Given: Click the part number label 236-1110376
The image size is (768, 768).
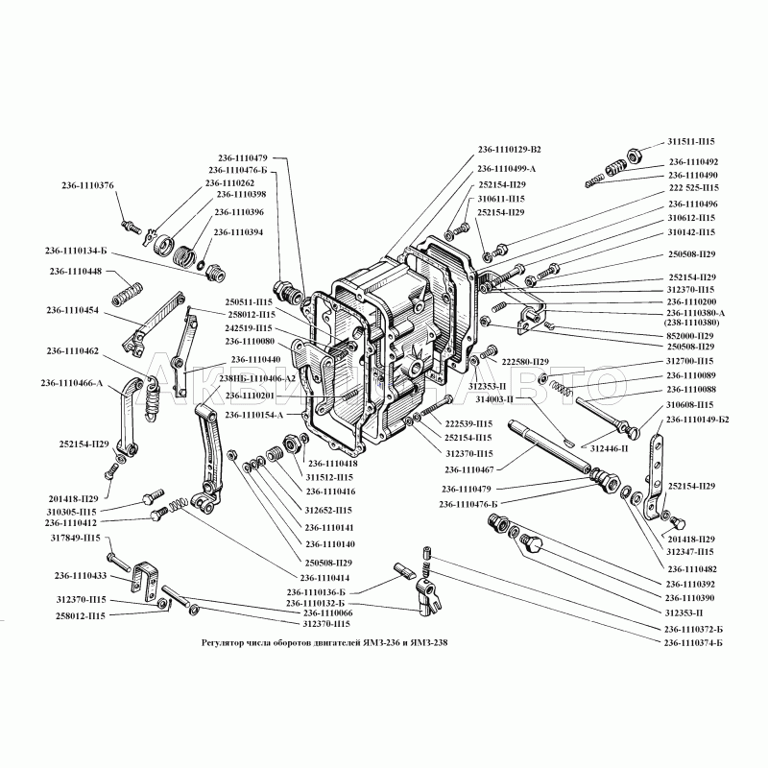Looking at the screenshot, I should (x=87, y=185).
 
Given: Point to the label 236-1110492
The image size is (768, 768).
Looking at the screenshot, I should (x=693, y=162).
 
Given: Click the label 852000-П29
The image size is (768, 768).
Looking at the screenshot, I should (x=691, y=335).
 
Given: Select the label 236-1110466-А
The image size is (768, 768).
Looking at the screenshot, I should (x=72, y=384).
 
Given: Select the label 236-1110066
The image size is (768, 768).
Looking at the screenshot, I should (x=328, y=612).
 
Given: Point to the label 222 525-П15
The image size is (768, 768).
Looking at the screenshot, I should (x=693, y=188).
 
